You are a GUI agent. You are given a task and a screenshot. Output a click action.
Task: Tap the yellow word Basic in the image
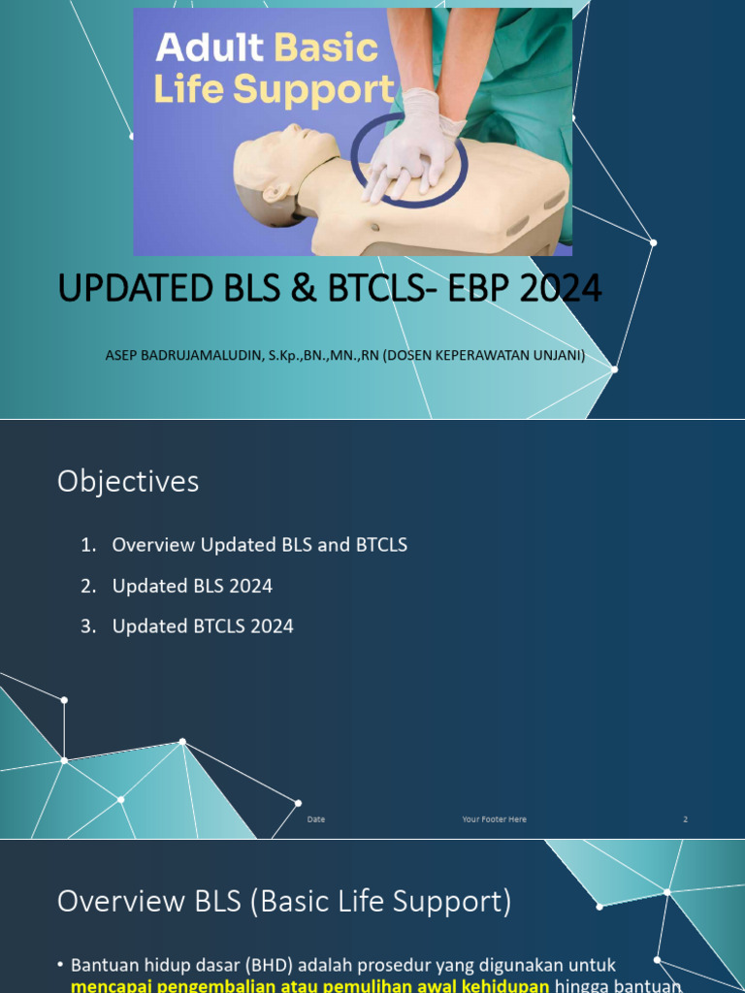click(x=327, y=48)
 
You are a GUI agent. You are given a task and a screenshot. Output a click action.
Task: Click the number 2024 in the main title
click(x=559, y=288)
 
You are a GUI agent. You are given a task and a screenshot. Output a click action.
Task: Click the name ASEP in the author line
click(x=122, y=355)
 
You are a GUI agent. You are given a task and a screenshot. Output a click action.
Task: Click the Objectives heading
click(x=128, y=481)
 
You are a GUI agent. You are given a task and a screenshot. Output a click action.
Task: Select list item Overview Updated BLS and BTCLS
click(x=259, y=545)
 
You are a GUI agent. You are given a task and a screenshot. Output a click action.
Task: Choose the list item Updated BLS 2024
click(x=192, y=586)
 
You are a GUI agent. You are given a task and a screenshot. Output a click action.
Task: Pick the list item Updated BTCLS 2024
click(x=203, y=626)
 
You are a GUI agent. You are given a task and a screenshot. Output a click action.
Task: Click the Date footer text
click(x=316, y=819)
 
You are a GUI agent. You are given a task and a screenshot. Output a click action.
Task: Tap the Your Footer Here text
click(x=495, y=819)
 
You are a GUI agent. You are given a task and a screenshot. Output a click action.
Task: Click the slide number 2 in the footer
click(x=685, y=819)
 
